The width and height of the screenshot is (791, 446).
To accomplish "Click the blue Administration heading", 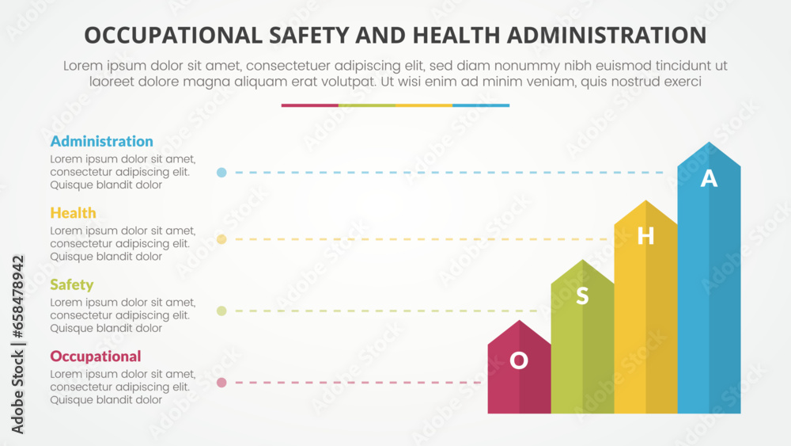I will [x=101, y=142].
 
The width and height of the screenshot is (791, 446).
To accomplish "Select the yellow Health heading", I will [x=73, y=213].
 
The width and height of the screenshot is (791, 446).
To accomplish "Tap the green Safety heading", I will [x=71, y=284].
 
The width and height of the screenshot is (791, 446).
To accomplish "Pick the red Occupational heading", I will [x=96, y=356].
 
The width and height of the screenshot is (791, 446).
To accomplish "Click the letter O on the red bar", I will [x=519, y=361].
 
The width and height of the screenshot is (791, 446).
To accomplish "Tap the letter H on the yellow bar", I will [x=645, y=236].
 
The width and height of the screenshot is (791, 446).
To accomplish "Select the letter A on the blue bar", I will [x=709, y=179].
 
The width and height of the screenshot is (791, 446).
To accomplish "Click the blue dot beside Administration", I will [x=221, y=172].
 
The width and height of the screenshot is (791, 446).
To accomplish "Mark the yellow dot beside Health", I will [x=221, y=239].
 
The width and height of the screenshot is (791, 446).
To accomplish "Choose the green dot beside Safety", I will [x=221, y=311].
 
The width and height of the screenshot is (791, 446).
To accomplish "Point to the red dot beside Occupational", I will [x=221, y=383].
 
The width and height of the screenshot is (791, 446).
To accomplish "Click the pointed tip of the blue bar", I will [x=709, y=143].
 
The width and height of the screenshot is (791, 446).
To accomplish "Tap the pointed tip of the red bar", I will [x=519, y=322].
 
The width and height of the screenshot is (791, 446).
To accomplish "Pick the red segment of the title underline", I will [x=309, y=105].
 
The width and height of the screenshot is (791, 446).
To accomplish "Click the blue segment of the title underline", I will [x=481, y=105].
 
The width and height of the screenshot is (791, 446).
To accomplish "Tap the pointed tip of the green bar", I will [x=582, y=261].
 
